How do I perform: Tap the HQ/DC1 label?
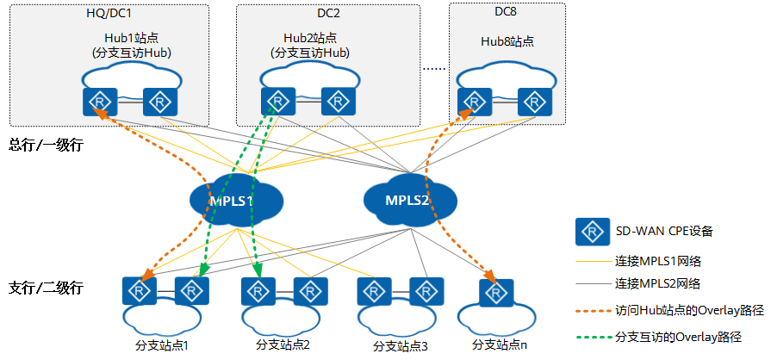pos(109,15)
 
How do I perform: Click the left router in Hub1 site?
pos(100,101)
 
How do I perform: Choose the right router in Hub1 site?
pos(159,101)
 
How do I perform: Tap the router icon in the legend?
pos(590,231)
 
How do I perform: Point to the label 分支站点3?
pos(400,346)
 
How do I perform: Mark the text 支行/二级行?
pos(45,287)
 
